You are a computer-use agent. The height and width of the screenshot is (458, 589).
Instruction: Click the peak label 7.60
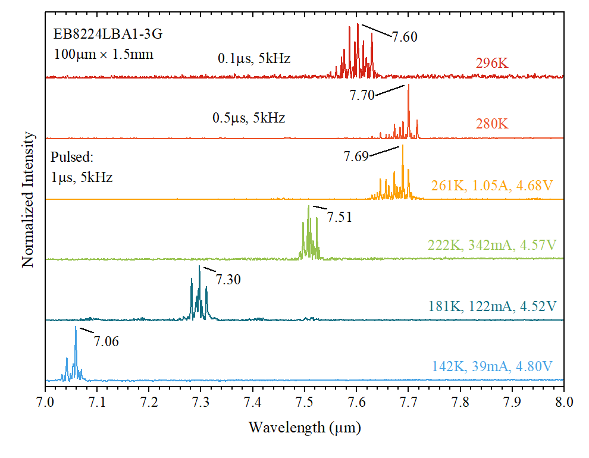[405, 37]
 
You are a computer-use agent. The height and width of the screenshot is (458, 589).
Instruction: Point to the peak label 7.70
[362, 95]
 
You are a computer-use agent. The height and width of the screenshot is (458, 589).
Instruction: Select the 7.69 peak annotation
[356, 156]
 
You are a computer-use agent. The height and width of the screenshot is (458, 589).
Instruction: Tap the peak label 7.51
[339, 217]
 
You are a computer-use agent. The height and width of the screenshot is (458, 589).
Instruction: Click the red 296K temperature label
[492, 64]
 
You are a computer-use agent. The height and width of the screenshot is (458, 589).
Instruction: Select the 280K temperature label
[492, 124]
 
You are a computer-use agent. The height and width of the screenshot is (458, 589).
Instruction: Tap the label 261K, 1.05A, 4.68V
[493, 185]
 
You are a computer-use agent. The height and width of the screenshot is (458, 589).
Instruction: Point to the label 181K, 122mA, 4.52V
[492, 306]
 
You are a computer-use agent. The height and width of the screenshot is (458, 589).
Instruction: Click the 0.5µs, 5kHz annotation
[249, 118]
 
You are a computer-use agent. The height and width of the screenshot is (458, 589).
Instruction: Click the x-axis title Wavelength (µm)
[305, 427]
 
